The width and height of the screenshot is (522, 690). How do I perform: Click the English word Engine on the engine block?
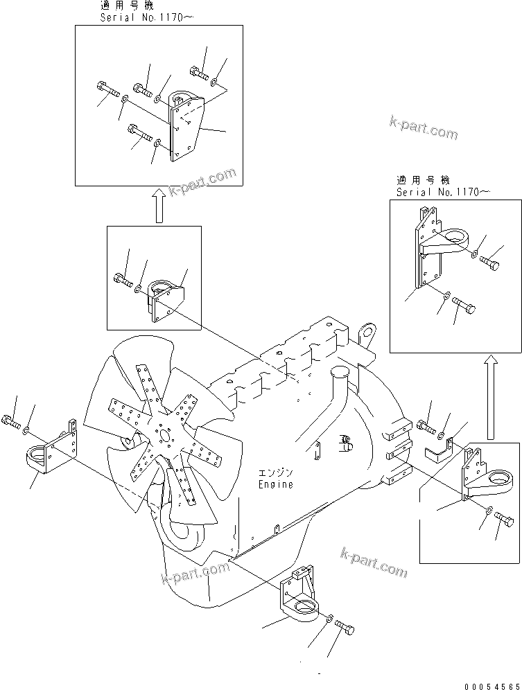click(x=275, y=484)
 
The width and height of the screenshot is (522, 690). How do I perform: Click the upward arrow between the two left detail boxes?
click(x=159, y=205)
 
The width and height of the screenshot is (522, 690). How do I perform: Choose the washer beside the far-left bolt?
click(x=26, y=431)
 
